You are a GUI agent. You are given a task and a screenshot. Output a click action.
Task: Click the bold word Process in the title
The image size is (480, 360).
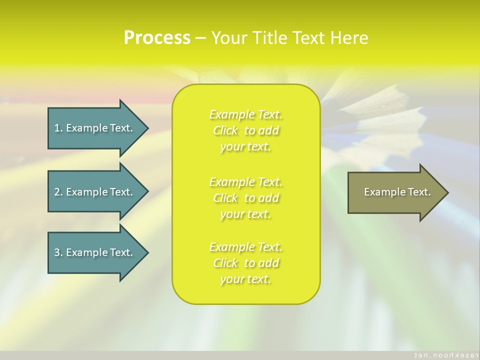pos(157,38)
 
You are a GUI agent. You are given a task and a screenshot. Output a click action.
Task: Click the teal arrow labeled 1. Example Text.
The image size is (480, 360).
pos(93,128)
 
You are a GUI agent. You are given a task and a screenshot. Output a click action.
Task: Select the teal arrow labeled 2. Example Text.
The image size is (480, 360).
pos(93,192)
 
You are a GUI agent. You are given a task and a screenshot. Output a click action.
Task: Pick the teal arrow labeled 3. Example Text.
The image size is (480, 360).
pos(93,252)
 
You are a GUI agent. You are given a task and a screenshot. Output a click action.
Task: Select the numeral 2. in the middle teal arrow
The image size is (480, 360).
pos(58,192)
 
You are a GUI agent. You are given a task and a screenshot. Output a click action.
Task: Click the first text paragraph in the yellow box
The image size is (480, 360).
pos(246,130)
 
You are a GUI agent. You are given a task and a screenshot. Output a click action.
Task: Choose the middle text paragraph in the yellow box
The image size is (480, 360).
pos(246,198)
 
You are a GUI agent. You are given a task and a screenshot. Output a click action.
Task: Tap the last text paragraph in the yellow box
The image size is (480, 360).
pos(246,263)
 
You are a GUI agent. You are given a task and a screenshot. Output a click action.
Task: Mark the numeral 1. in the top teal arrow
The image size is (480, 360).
pos(58,128)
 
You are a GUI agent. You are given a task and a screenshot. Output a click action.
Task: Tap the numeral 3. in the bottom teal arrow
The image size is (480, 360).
pos(58,252)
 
